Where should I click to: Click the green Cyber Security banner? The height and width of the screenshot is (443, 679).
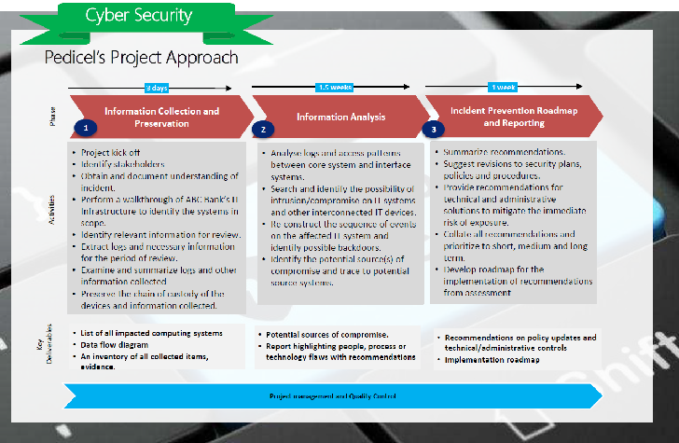click(x=138, y=16)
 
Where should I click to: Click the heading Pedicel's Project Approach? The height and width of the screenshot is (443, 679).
click(x=141, y=58)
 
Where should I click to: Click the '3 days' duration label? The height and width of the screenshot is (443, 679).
click(x=156, y=89)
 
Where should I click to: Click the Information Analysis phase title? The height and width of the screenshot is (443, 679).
click(x=340, y=118)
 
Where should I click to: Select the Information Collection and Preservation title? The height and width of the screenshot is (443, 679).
click(x=161, y=118)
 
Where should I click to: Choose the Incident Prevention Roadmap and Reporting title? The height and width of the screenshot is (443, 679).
click(x=509, y=117)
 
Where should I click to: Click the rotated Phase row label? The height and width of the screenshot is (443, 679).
click(x=54, y=118)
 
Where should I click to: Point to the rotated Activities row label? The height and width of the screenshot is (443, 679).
click(x=54, y=226)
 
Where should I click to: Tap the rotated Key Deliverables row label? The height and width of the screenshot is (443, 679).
click(x=54, y=350)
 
